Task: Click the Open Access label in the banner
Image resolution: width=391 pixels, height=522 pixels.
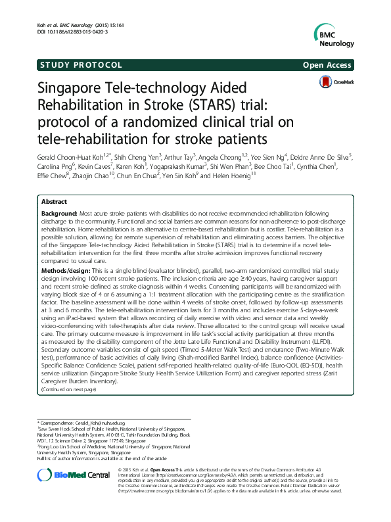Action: (328, 65)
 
